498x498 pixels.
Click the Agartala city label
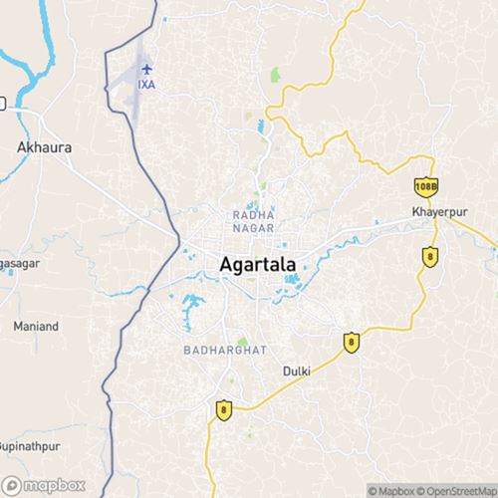click(x=256, y=265)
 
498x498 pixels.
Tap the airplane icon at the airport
click(x=148, y=69)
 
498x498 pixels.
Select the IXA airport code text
click(x=148, y=85)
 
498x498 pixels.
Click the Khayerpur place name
click(x=438, y=213)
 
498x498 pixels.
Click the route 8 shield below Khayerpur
click(x=429, y=256)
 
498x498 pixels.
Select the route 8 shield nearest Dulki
click(x=351, y=342)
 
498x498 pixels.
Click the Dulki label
click(x=297, y=371)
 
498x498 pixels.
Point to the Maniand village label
click(x=36, y=327)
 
